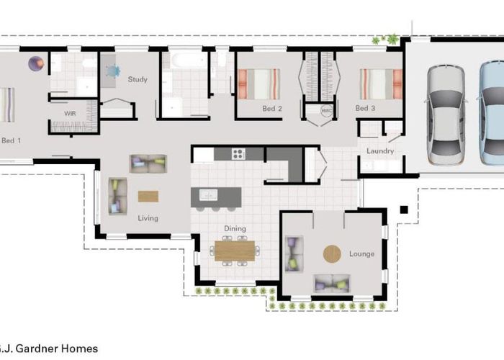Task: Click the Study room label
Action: pos(138,79)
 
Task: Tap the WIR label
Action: pos(70,114)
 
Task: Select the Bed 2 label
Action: pos(272,109)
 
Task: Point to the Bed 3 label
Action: pos(365,108)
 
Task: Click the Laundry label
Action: pos(380,150)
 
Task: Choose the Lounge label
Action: pos(361,254)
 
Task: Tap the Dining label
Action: pos(235,228)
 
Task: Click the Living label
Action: pos(148,218)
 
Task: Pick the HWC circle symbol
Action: pos(327,111)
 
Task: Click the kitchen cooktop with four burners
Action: pos(238,153)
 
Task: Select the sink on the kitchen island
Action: pos(208,195)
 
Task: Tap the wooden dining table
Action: pos(235,251)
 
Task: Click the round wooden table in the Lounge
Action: pos(332,254)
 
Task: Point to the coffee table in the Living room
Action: pos(148,197)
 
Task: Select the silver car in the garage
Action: pos(446,115)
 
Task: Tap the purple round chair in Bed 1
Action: pos(36,63)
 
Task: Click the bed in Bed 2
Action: pos(258,84)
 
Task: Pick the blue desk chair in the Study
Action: pos(112,71)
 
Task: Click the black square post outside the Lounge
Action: pos(404,210)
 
